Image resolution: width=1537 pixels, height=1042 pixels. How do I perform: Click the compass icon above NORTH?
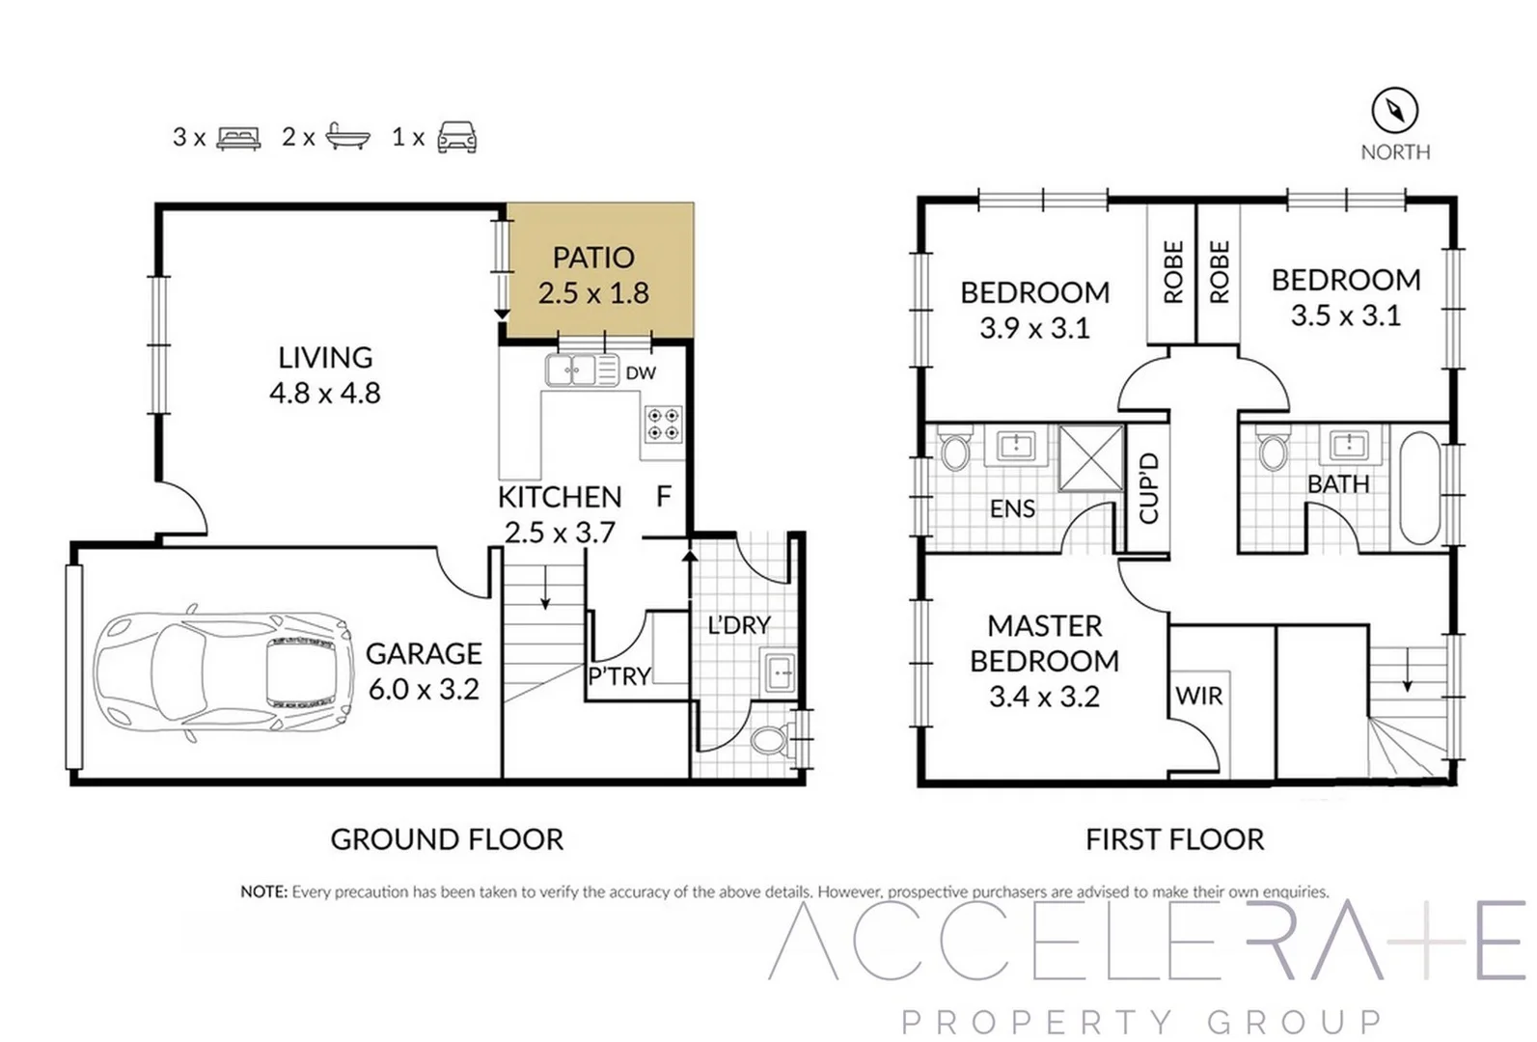(1394, 110)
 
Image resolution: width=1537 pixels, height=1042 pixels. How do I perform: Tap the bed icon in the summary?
(238, 138)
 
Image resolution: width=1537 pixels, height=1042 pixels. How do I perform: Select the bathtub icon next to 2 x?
(347, 137)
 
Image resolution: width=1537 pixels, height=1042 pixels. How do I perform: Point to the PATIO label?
(592, 258)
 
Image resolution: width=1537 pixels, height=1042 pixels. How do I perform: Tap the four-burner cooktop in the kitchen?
(664, 425)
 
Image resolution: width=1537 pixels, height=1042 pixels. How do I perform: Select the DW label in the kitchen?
(641, 373)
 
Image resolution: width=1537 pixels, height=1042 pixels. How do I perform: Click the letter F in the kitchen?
(664, 496)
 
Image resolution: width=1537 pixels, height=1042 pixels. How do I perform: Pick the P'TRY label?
(618, 676)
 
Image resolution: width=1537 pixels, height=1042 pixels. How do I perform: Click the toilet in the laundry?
(769, 740)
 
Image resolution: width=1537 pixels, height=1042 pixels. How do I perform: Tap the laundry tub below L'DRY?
(778, 671)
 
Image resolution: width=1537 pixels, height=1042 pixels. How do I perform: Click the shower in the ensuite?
(1091, 457)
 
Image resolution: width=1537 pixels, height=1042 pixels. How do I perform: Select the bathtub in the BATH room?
(1418, 488)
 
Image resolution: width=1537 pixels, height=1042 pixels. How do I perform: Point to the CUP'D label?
(1148, 488)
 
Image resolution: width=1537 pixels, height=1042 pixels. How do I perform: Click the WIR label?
(1199, 696)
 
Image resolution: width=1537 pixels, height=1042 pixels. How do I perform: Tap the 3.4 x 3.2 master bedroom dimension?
(1044, 697)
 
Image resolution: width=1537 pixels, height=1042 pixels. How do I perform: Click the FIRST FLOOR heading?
(1174, 839)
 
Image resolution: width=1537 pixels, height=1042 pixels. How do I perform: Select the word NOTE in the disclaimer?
(263, 891)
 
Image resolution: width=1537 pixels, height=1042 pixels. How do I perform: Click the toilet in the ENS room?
(955, 451)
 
